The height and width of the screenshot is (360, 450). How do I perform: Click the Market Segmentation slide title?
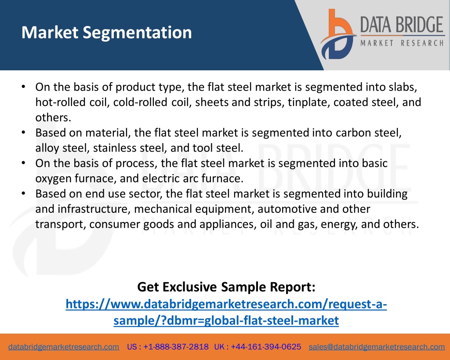point(106,33)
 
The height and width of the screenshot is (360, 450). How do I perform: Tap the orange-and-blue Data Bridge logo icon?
point(338,34)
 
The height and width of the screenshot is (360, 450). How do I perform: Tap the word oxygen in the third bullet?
point(53,179)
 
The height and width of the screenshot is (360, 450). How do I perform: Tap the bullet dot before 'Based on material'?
point(24,133)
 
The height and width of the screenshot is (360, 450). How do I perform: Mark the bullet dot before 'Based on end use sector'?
point(24,193)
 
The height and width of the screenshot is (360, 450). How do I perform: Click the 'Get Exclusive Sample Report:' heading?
point(226,287)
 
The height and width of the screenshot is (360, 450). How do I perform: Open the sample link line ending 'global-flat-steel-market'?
point(226,320)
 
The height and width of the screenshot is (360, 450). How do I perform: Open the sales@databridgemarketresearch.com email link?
point(377,347)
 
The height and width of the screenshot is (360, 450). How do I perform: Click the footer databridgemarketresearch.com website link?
point(64,347)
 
